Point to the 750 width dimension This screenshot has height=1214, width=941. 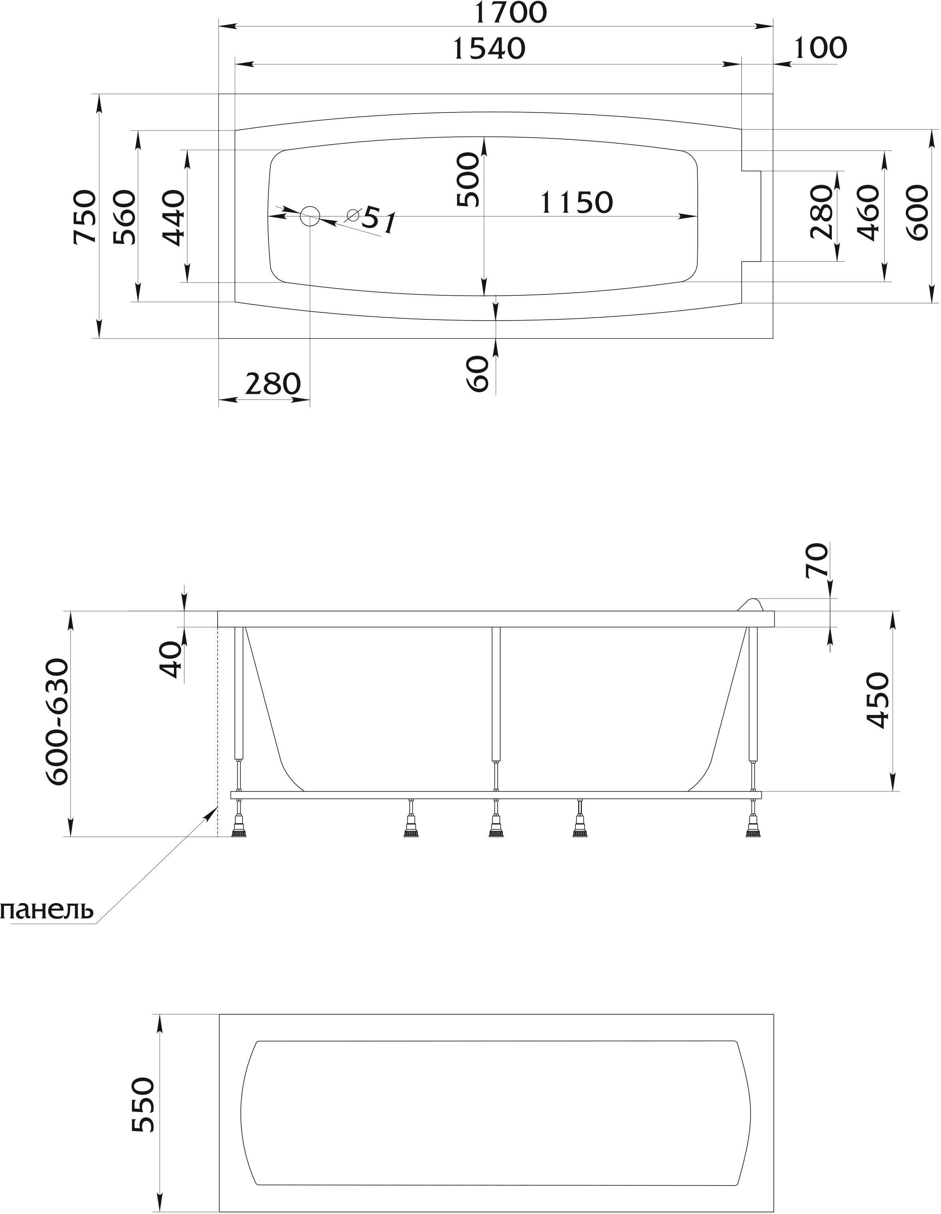coord(84,217)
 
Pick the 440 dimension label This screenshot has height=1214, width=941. coord(173,217)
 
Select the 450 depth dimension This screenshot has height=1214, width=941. coord(878,700)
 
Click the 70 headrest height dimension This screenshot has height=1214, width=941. coord(817,561)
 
